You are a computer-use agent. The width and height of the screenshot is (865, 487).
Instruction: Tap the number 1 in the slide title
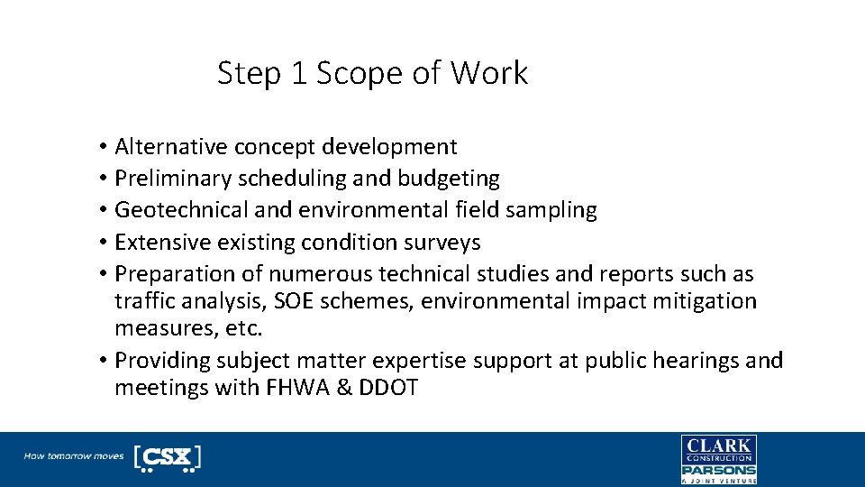299,73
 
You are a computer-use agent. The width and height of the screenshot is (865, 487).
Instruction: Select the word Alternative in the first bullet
171,146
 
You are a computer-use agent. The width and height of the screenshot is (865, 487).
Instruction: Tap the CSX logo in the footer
168,457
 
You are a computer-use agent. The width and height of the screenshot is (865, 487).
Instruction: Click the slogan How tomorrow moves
74,456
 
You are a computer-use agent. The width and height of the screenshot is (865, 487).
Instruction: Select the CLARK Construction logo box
718,448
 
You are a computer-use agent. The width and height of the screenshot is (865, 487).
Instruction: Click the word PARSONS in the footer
718,470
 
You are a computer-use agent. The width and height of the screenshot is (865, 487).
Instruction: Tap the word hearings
690,361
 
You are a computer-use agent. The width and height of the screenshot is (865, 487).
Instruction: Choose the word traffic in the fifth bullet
141,300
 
